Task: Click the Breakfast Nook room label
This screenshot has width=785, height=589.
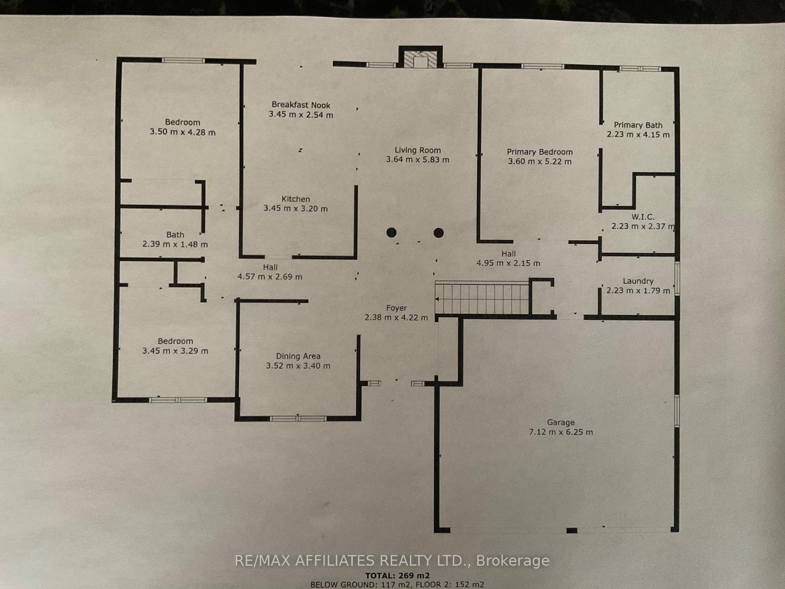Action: (x=301, y=105)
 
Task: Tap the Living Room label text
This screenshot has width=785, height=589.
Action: (x=418, y=150)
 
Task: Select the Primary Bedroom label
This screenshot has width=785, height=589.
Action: (x=540, y=152)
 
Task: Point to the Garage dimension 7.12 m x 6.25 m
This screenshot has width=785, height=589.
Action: (x=561, y=432)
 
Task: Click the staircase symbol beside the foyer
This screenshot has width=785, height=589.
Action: (x=482, y=299)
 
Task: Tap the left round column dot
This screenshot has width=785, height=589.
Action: (x=391, y=233)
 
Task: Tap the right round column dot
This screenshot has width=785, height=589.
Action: (x=439, y=233)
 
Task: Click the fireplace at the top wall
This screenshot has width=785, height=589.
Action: (x=421, y=57)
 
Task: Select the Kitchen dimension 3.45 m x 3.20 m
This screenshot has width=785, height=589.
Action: (x=296, y=209)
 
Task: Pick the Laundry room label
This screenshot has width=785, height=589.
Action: (x=638, y=281)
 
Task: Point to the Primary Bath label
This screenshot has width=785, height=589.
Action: (x=638, y=125)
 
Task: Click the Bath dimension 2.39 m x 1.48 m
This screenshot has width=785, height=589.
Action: (x=175, y=245)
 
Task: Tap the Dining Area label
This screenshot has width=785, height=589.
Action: (x=298, y=356)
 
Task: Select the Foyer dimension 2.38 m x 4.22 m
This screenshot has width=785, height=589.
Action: (x=396, y=317)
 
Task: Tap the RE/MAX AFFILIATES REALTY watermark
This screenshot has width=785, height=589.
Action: (x=392, y=560)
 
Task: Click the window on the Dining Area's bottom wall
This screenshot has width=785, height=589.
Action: (x=298, y=418)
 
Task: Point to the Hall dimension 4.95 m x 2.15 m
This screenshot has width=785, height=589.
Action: (x=508, y=263)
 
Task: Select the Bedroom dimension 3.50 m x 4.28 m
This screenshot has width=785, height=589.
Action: (x=183, y=133)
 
